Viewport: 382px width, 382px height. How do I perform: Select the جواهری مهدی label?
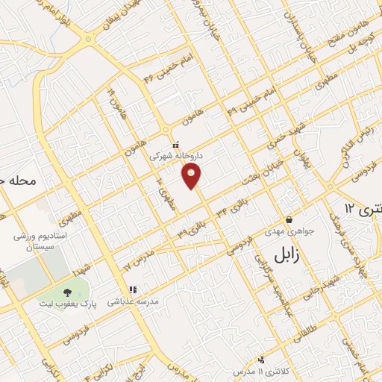tap(290, 231)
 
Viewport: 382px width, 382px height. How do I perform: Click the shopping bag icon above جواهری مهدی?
tap(289, 220)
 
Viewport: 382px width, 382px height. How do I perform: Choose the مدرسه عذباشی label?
tap(131, 302)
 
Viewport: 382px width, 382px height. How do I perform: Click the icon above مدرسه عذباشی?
tap(132, 289)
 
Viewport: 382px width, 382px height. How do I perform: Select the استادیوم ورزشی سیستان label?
tap(40, 241)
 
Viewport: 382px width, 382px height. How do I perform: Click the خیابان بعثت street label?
tap(259, 173)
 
